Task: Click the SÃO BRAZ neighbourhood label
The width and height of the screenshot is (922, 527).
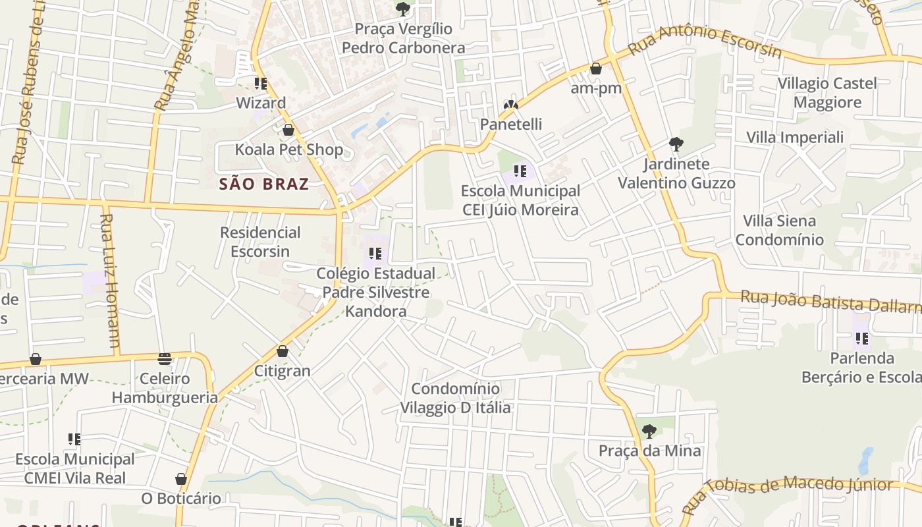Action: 264,184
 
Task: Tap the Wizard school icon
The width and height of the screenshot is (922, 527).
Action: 261,84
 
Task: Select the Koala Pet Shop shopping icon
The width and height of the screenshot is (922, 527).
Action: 288,130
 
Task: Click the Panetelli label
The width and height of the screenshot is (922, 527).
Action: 511,124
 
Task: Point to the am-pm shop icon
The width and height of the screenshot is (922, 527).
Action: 596,69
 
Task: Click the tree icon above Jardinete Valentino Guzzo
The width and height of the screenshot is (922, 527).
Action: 676,144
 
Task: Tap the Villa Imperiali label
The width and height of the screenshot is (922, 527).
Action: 794,137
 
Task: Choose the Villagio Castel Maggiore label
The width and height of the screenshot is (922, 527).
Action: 827,93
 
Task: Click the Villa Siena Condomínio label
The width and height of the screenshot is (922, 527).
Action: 779,230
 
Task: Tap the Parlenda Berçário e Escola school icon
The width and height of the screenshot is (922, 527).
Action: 861,339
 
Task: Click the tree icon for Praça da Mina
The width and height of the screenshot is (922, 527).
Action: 649,432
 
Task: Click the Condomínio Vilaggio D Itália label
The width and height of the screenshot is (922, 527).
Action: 456,398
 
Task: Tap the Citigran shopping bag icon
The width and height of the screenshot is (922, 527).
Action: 283,352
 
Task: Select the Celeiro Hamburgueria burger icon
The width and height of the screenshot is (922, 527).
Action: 165,359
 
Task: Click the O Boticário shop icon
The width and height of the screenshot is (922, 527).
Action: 181,479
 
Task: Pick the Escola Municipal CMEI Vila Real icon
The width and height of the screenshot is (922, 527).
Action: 74,439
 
